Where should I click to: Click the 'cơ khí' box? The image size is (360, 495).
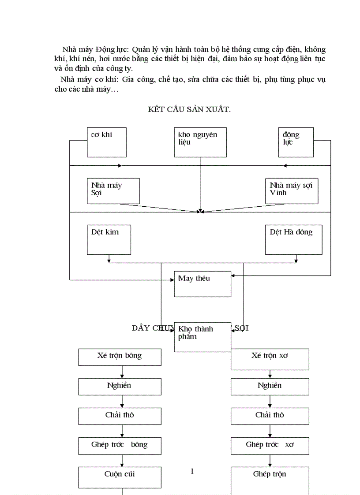(106, 142)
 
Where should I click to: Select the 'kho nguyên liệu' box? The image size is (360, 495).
(200, 142)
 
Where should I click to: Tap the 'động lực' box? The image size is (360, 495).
(296, 142)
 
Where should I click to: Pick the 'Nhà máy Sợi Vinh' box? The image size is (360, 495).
(291, 190)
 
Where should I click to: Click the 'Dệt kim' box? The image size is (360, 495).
(109, 239)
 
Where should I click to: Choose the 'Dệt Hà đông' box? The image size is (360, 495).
(293, 239)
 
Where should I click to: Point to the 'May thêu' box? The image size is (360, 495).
(202, 283)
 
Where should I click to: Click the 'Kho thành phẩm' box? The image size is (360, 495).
(202, 337)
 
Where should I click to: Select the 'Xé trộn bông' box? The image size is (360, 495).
(120, 357)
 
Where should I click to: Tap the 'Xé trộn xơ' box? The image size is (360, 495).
(270, 359)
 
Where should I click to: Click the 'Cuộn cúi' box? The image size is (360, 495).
(120, 478)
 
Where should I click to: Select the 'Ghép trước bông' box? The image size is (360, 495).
(120, 445)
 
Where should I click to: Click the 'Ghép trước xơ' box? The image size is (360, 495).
(270, 445)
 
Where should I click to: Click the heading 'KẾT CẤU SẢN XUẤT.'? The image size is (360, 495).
(189, 110)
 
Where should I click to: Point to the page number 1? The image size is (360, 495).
(192, 472)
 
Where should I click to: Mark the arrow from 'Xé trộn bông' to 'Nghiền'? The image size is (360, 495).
(122, 372)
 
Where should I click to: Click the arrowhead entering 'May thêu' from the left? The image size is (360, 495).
(172, 280)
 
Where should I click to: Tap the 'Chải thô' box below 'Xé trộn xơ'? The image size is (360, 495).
(270, 416)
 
